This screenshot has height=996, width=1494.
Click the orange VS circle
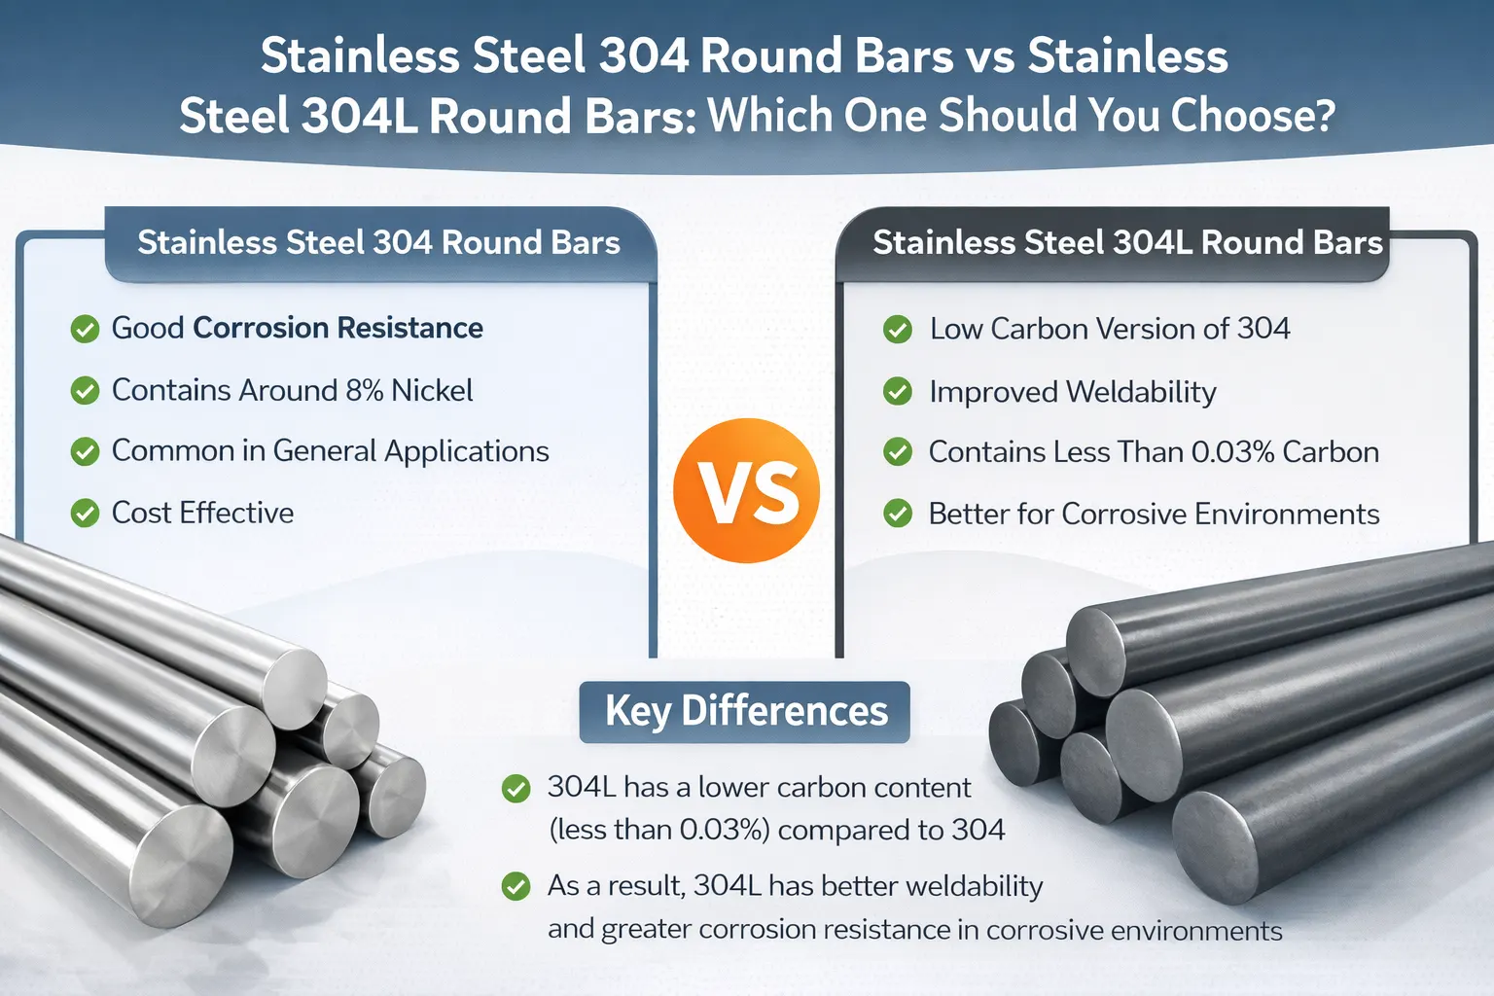pyautogui.click(x=746, y=490)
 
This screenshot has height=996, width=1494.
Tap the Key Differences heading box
pyautogui.click(x=745, y=712)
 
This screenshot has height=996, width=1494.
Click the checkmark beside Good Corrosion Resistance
pyautogui.click(x=86, y=329)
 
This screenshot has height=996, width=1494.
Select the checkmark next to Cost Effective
pyautogui.click(x=86, y=513)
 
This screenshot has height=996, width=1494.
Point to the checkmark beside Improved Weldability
pyautogui.click(x=897, y=391)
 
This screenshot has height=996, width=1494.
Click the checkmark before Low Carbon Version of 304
pyautogui.click(x=897, y=329)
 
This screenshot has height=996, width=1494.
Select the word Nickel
pyautogui.click(x=432, y=390)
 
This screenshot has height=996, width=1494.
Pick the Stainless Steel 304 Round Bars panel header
pyautogui.click(x=378, y=243)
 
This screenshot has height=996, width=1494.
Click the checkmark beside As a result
pyautogui.click(x=516, y=886)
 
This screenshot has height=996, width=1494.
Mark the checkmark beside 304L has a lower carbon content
pyautogui.click(x=516, y=788)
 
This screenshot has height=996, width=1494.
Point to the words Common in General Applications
pyautogui.click(x=330, y=451)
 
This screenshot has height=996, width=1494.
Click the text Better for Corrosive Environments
pyautogui.click(x=1154, y=514)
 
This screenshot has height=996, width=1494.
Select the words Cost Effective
pyautogui.click(x=202, y=513)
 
